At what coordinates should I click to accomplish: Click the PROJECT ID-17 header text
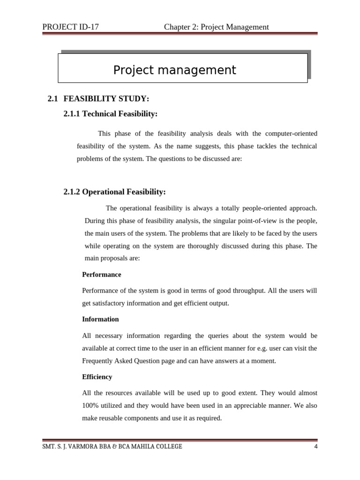(70, 27)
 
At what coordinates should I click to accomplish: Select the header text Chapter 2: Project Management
(216, 27)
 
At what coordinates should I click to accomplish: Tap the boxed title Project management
(174, 70)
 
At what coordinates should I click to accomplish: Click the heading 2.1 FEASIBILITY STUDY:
(98, 99)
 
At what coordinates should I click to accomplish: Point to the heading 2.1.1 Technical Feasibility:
(110, 114)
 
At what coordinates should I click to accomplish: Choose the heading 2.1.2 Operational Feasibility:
(114, 192)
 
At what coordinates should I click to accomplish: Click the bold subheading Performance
(101, 275)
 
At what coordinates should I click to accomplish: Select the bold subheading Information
(100, 319)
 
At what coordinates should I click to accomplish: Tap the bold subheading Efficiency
(97, 377)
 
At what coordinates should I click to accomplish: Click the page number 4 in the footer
(316, 447)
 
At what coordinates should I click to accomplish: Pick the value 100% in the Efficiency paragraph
(90, 405)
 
